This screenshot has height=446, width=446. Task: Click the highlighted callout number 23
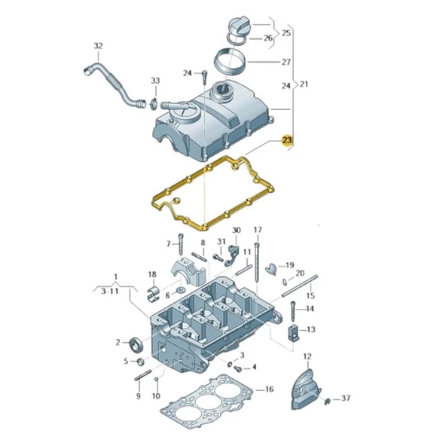(286, 140)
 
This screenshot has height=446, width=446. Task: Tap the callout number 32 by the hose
(97, 47)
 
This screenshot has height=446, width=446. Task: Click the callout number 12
(307, 356)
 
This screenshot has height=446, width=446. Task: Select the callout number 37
(346, 399)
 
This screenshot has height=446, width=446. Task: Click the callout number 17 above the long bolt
(258, 229)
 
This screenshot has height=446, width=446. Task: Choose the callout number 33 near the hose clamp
(155, 81)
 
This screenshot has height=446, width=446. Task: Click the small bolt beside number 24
(204, 74)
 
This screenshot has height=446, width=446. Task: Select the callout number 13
(311, 329)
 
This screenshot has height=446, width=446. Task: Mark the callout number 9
(139, 396)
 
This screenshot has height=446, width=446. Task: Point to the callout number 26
(268, 38)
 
